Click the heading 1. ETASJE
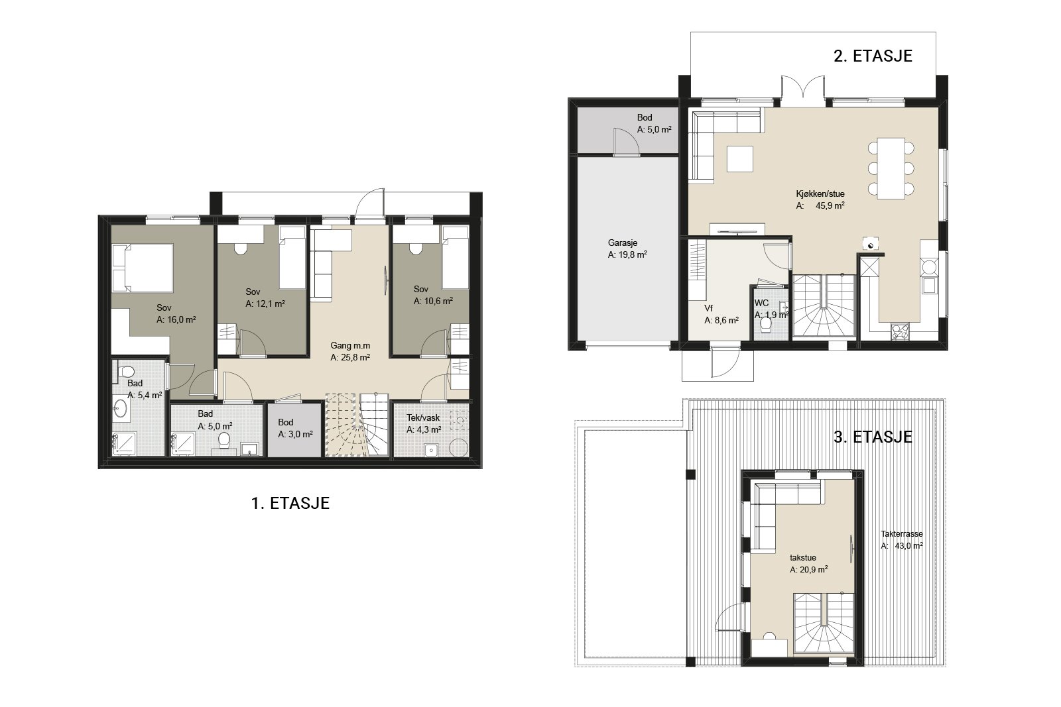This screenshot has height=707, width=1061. [290, 503]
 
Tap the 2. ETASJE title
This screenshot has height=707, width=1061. [873, 56]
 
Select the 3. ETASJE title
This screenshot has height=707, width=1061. [873, 437]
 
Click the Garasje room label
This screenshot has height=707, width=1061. [623, 243]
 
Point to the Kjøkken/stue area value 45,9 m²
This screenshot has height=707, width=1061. [830, 206]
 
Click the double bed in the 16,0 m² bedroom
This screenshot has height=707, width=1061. [143, 268]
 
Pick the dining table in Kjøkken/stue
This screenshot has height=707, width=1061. [891, 168]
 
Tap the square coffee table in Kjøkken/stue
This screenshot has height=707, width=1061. [740, 159]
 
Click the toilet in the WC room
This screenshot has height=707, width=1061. [765, 324]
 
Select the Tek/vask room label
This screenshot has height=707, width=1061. [423, 418]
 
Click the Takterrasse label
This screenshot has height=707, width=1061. [902, 534]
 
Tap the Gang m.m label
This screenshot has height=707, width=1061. [350, 346]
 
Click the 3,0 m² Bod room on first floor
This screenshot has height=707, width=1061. [294, 429]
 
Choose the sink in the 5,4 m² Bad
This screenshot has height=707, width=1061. [120, 409]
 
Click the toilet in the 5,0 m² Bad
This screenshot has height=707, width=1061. [223, 441]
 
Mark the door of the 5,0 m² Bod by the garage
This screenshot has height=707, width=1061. [626, 142]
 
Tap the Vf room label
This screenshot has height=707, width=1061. [709, 309]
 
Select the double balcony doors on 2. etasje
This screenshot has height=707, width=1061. [803, 90]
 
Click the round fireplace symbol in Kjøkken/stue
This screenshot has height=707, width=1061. [871, 245]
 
